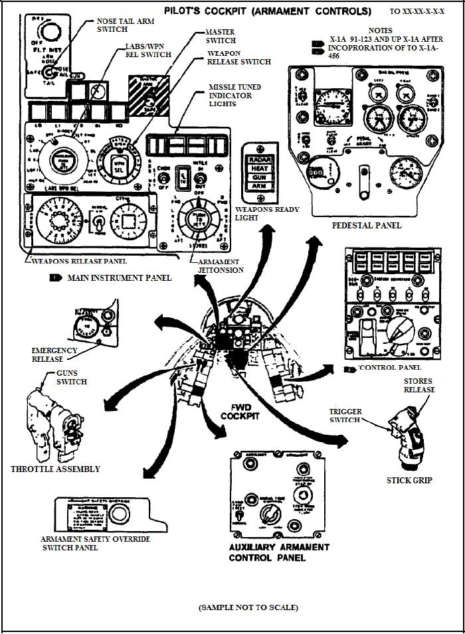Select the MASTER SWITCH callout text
coord(221,36)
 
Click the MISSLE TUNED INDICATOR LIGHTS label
coord(234,96)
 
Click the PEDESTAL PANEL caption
coord(367,225)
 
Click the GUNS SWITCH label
coord(71,378)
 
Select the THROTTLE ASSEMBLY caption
coord(55,469)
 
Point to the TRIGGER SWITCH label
coord(346,416)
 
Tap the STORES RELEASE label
coord(418,385)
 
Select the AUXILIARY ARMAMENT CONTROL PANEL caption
coord(278,552)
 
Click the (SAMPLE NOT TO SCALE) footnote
coord(248,607)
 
